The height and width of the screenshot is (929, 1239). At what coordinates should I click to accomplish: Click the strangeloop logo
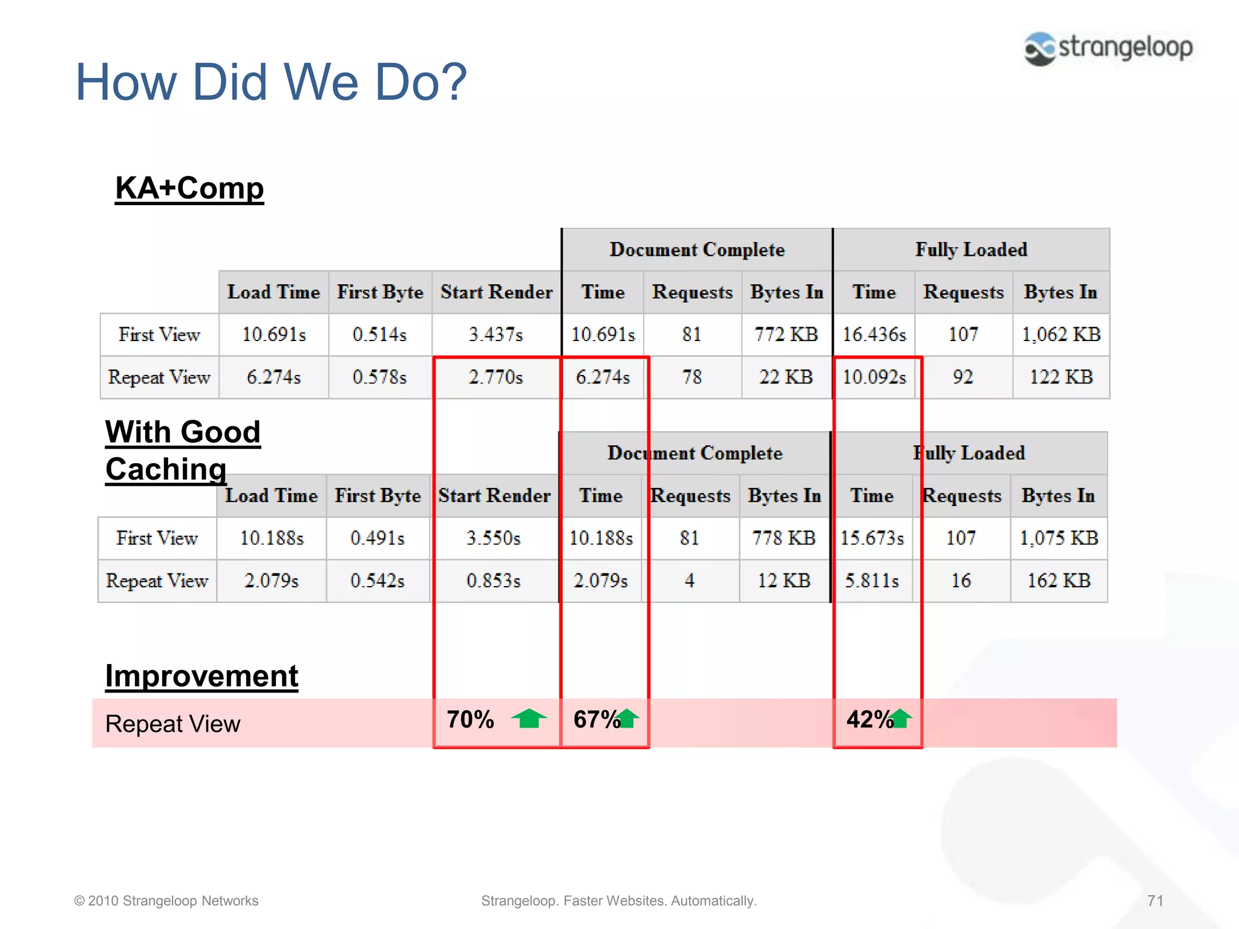tap(1108, 48)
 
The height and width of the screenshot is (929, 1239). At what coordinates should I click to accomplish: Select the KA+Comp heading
tap(189, 188)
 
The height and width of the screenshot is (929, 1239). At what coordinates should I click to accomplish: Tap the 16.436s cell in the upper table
tap(874, 334)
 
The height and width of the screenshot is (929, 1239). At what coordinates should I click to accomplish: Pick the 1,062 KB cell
tap(1061, 334)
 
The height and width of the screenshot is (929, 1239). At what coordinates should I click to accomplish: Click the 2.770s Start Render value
tap(495, 377)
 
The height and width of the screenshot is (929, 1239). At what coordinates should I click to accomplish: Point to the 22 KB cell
tap(785, 377)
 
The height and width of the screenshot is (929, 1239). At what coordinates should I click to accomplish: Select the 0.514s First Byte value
tap(379, 334)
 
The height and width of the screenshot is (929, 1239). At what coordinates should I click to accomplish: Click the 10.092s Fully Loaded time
tap(874, 377)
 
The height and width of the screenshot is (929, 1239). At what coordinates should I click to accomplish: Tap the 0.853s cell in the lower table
tap(493, 581)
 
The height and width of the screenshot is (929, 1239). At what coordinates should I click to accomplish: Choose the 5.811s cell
tap(871, 581)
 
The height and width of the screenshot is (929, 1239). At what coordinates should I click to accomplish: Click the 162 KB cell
tap(1058, 581)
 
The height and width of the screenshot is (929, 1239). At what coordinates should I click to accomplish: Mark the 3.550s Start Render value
tap(493, 538)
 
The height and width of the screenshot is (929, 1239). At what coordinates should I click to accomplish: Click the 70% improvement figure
tap(470, 720)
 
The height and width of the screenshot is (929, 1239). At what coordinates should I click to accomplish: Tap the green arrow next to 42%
tap(901, 719)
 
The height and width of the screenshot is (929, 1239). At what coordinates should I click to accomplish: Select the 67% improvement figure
tap(595, 720)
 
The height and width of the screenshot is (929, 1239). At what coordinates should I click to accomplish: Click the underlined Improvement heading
tap(201, 676)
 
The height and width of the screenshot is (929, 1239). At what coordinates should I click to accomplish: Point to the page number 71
tap(1155, 901)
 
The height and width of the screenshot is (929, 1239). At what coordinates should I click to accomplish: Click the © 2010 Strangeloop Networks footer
tap(166, 901)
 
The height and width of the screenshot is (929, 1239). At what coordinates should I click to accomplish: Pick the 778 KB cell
tap(783, 538)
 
